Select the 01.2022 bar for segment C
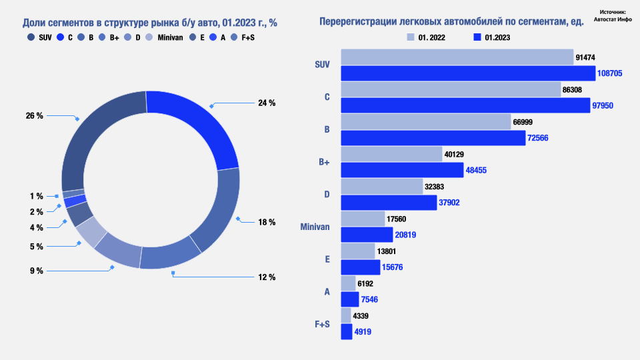pos(451,89)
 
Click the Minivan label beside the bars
pos(315,227)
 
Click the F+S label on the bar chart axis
pos(322,324)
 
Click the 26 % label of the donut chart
pos(35,115)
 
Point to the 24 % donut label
pos(267,103)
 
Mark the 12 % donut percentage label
pos(267,277)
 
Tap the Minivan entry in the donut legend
pos(170,37)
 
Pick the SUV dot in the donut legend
pos(31,37)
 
